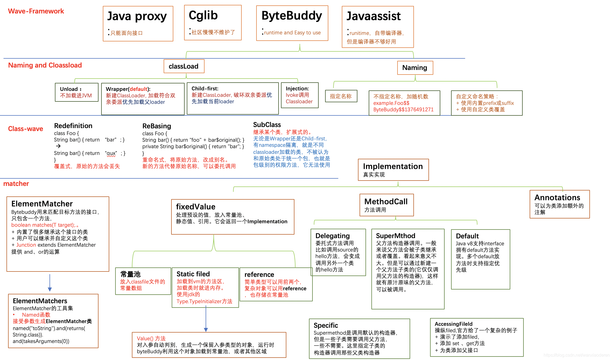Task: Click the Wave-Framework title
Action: (36, 11)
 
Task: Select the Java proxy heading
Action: (137, 16)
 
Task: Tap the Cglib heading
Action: (203, 15)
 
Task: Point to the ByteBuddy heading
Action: (291, 16)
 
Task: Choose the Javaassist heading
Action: (373, 16)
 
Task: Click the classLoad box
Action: (184, 66)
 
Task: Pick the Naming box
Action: (415, 68)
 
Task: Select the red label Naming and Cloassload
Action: (45, 65)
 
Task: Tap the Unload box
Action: (76, 92)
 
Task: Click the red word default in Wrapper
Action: (138, 89)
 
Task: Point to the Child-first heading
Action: (205, 89)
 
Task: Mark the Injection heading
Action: (297, 89)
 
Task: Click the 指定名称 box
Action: (341, 96)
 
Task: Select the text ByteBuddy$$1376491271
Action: (403, 110)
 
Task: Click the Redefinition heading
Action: (73, 126)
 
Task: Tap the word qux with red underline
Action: (111, 153)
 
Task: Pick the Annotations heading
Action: (557, 198)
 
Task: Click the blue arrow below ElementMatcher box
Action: (50, 283)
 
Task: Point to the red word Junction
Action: (26, 245)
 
